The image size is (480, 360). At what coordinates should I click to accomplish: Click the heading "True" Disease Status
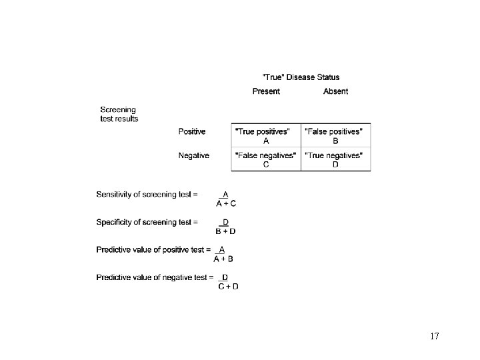pyautogui.click(x=301, y=77)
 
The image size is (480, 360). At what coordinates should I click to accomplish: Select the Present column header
pyautogui.click(x=266, y=91)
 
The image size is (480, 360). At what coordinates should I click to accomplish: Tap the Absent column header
pyautogui.click(x=335, y=91)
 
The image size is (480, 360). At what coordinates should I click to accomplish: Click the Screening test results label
pyautogui.click(x=119, y=114)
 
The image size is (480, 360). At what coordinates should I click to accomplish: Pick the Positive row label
pyautogui.click(x=192, y=131)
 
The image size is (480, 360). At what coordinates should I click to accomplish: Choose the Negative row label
pyautogui.click(x=193, y=155)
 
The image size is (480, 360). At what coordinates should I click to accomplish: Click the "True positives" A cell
pyautogui.click(x=266, y=136)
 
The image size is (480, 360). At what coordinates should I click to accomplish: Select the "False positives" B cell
pyautogui.click(x=335, y=136)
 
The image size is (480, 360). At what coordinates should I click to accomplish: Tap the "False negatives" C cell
pyautogui.click(x=266, y=160)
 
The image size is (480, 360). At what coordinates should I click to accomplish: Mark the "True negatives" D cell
pyautogui.click(x=335, y=160)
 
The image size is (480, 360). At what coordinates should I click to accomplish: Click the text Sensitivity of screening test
pyautogui.click(x=147, y=195)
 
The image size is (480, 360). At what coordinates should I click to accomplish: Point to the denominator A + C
pyautogui.click(x=225, y=203)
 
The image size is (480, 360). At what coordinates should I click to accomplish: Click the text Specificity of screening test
pyautogui.click(x=147, y=222)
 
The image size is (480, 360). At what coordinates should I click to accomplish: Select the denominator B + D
pyautogui.click(x=225, y=231)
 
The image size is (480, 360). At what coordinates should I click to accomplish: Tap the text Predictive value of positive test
pyautogui.click(x=153, y=249)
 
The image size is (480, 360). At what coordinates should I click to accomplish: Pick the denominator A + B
pyautogui.click(x=223, y=259)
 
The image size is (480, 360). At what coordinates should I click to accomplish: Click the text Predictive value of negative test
pyautogui.click(x=155, y=277)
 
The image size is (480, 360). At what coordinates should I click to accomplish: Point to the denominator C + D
pyautogui.click(x=229, y=287)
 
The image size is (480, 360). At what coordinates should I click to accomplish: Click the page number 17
pyautogui.click(x=434, y=336)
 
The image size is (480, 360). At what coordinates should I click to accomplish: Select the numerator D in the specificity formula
pyautogui.click(x=226, y=222)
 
